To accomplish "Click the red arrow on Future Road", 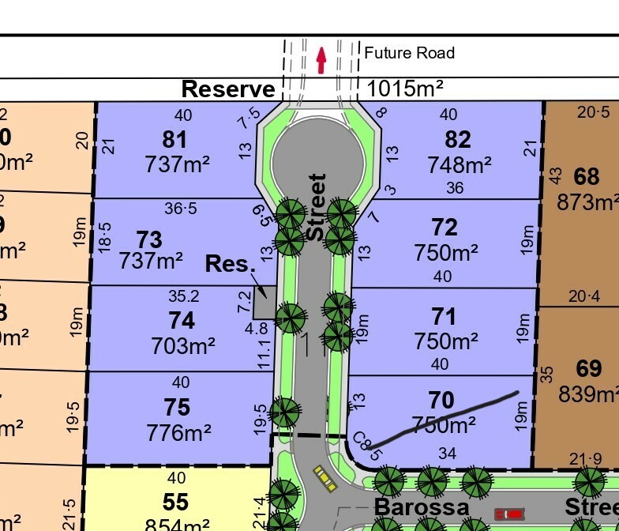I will [321, 60].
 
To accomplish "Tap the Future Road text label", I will [409, 53].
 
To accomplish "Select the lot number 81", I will [174, 140].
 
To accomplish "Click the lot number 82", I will [458, 140].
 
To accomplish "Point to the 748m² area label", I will [459, 164].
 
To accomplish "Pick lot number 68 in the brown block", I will [587, 175].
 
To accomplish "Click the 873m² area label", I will [587, 202].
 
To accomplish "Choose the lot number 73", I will [149, 238].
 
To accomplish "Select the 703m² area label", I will [182, 345].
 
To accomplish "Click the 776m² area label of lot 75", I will [178, 432].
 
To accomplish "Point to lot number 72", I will [445, 228].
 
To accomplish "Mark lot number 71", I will [445, 316].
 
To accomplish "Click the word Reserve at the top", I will [228, 88].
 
